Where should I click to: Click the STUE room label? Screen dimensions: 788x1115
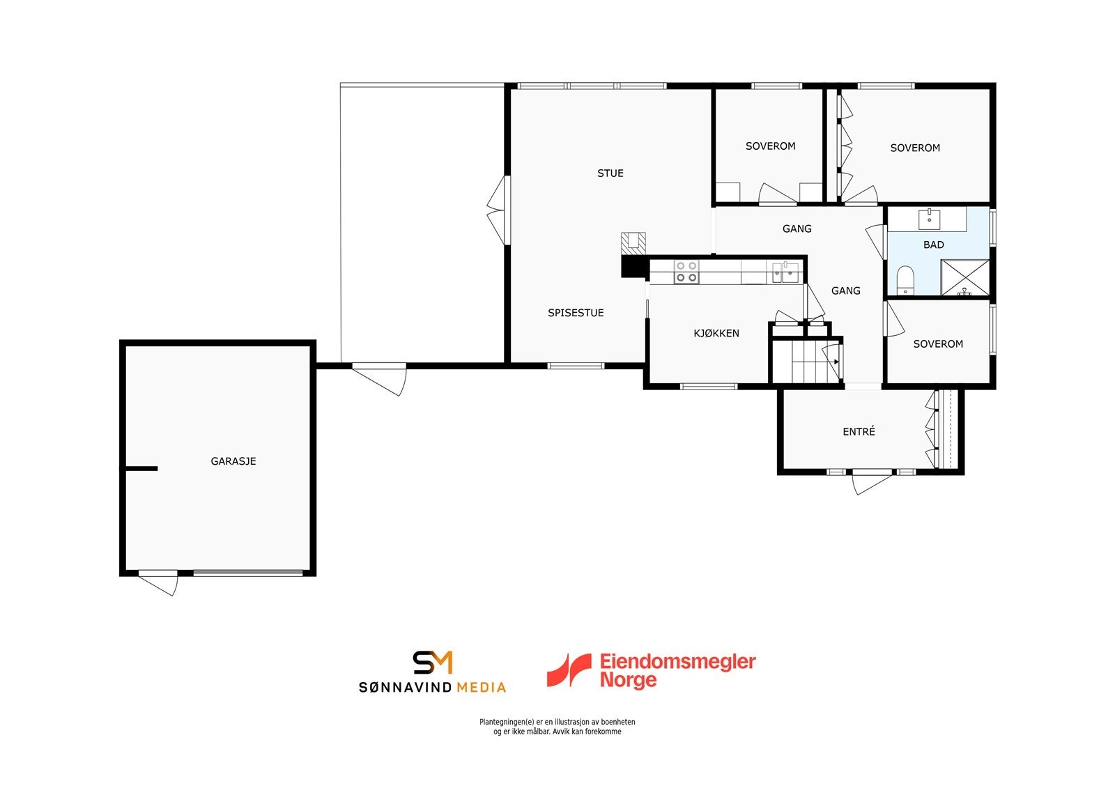pos(610,173)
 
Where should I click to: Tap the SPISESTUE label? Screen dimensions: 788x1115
pos(576,313)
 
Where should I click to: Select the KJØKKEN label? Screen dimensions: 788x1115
pos(716,333)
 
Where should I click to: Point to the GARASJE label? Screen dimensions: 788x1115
pos(233,461)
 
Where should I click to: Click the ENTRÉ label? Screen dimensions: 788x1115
pos(859,432)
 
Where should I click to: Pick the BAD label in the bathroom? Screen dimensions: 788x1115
pos(934,245)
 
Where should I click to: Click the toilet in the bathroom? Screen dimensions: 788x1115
pos(905,280)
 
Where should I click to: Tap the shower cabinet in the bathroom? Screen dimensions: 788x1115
pos(965,277)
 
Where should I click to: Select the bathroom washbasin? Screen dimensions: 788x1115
pos(929,219)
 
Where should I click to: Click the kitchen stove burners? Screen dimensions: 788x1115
pos(686,272)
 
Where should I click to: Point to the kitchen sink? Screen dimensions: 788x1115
pos(785,272)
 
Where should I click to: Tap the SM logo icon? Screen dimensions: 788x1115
pos(433,663)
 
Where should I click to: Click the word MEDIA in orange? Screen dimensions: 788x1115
pos(481,688)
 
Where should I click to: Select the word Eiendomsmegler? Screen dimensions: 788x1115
pos(677,661)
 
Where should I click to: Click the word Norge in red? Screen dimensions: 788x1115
pos(629,680)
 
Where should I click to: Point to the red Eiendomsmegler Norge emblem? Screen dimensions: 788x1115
pos(569,670)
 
